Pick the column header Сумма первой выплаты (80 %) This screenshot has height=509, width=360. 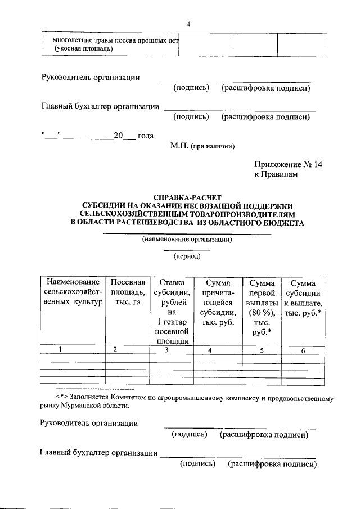(262, 307)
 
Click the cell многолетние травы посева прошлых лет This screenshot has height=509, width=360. (112, 44)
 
